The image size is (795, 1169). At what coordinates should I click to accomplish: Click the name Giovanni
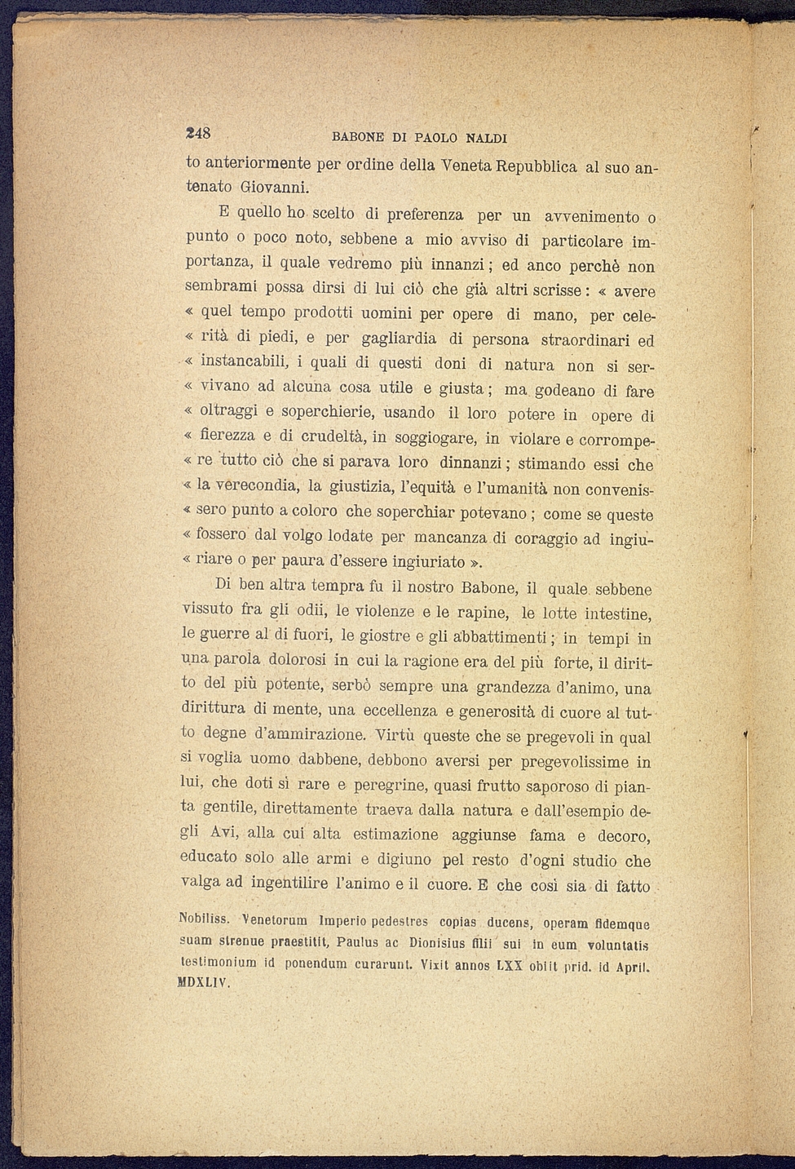262,188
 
